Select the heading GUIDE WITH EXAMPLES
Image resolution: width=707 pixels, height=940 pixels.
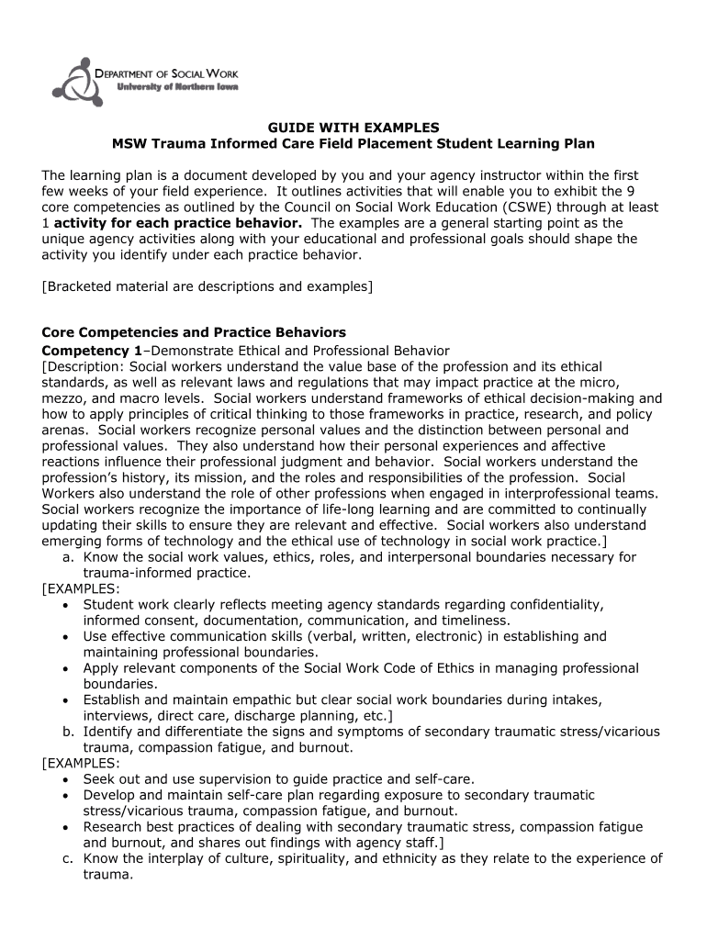[x=353, y=128]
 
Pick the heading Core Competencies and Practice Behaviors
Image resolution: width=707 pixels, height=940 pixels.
[x=194, y=332]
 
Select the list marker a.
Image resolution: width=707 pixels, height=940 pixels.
[x=68, y=557]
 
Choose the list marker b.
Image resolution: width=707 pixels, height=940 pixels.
[x=68, y=732]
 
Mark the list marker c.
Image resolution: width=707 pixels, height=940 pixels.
[x=68, y=859]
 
